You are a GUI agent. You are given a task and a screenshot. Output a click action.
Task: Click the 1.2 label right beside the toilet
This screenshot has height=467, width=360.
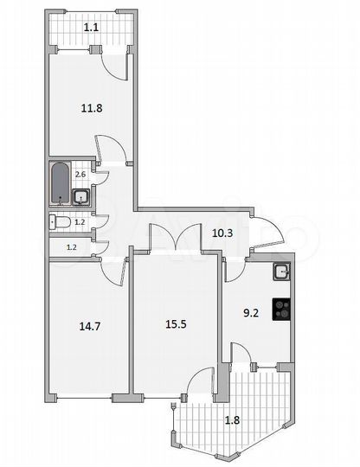80,222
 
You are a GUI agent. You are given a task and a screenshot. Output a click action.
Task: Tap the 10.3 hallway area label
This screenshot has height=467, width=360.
224,231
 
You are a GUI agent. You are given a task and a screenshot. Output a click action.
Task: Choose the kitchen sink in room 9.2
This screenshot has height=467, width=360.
281,272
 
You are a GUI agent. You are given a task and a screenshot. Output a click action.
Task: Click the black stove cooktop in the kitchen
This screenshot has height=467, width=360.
282,310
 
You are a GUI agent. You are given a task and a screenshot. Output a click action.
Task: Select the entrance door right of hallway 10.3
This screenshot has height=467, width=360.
269,234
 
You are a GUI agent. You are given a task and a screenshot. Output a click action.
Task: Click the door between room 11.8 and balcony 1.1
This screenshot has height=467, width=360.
116,66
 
